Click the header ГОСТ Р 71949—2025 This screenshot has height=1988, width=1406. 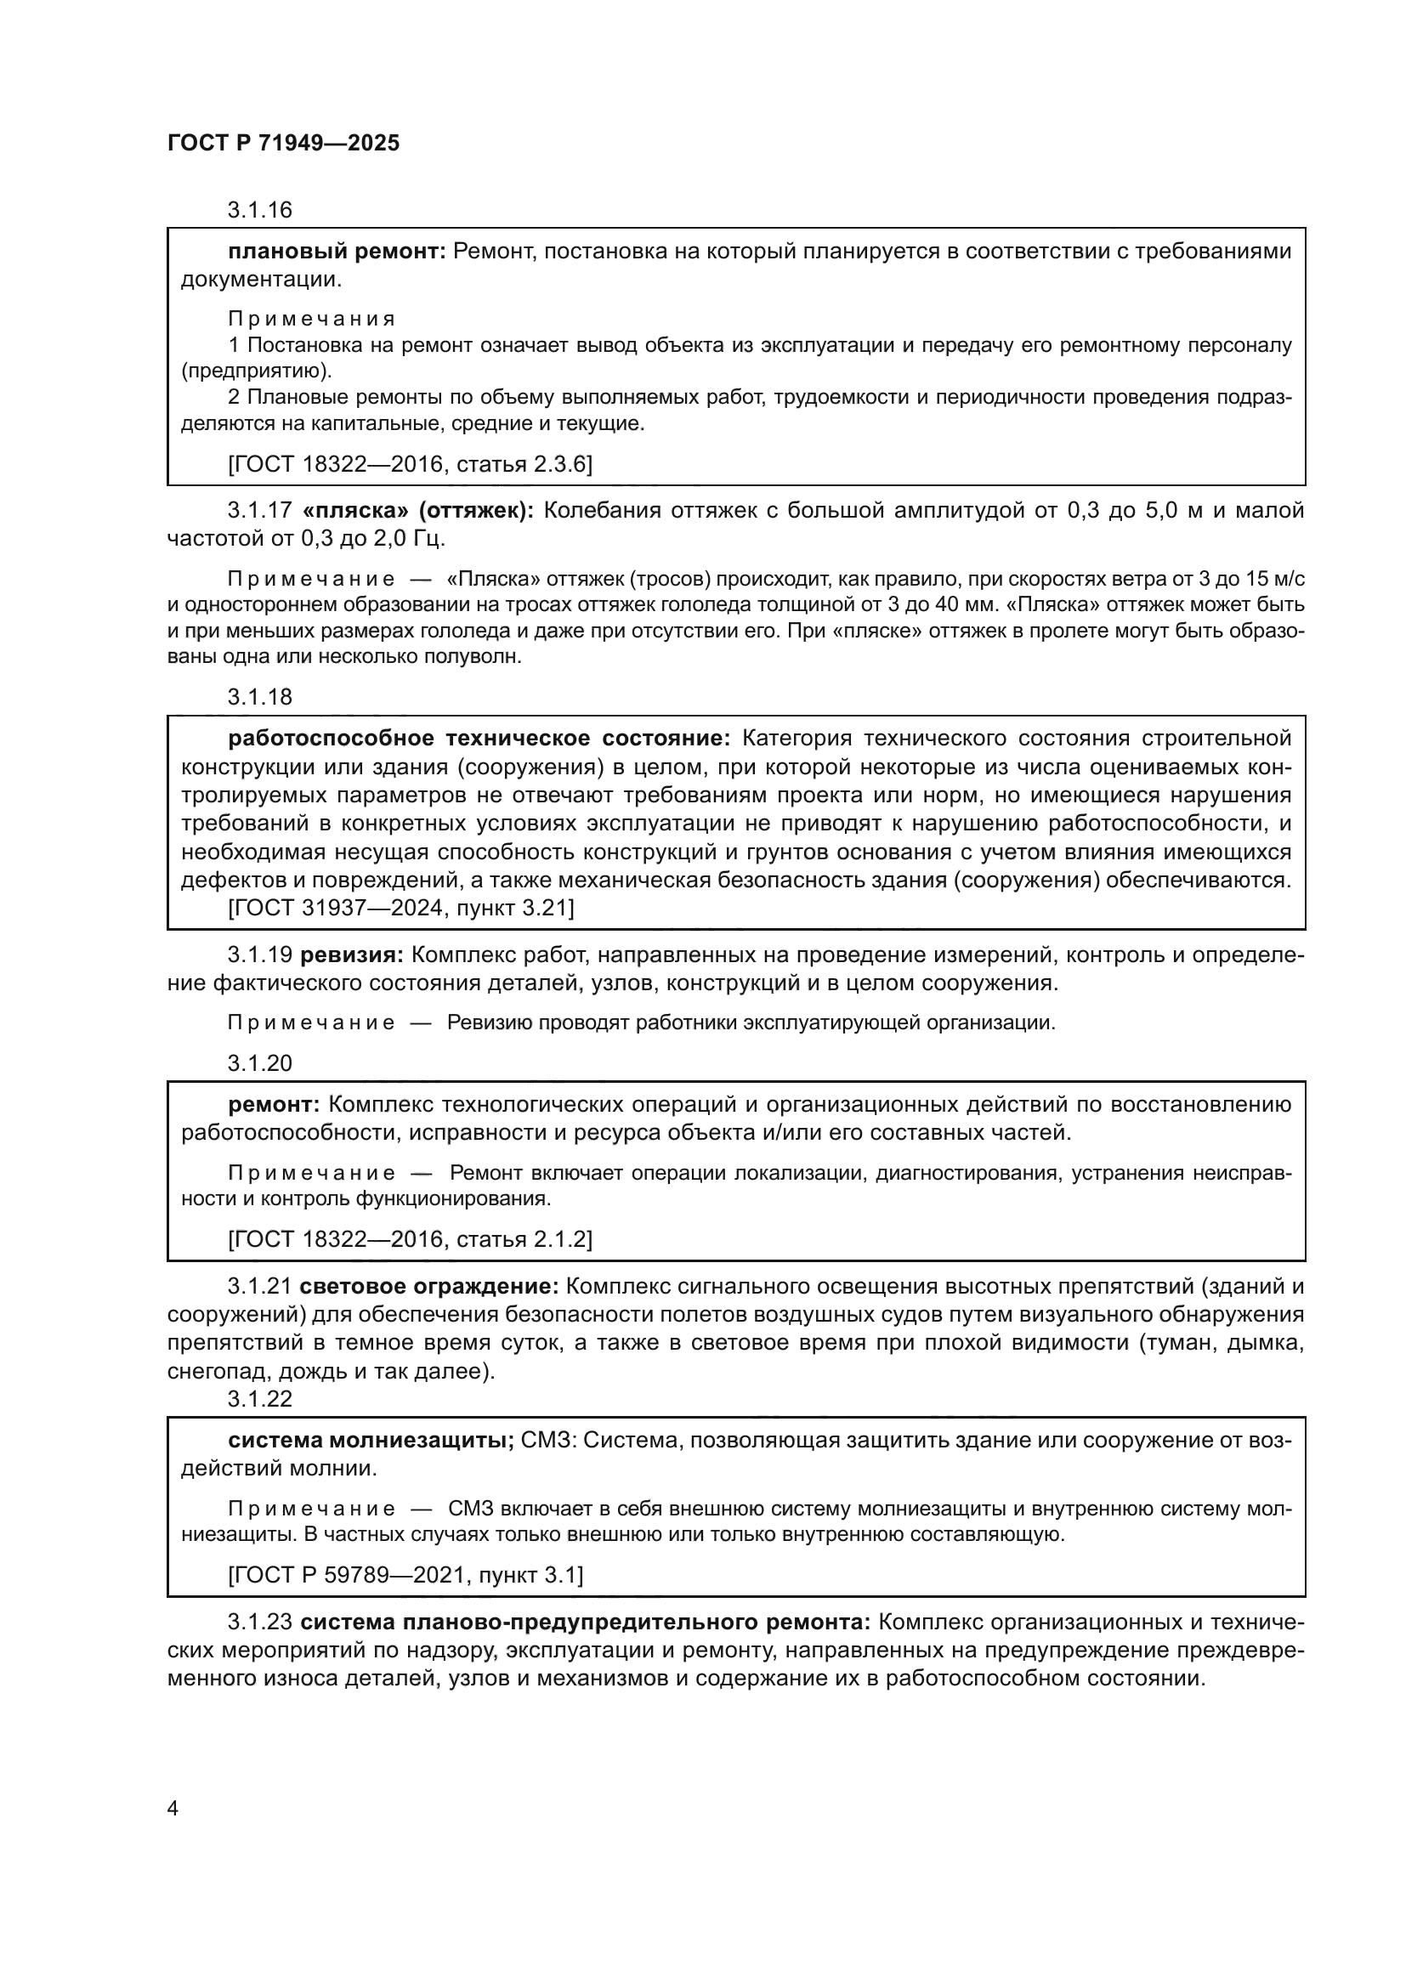[x=283, y=143]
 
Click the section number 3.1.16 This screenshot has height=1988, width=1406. [x=260, y=210]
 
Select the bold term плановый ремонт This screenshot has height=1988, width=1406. [x=337, y=251]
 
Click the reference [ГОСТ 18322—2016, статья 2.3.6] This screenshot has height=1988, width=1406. [x=410, y=465]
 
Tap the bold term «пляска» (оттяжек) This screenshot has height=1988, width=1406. [x=419, y=510]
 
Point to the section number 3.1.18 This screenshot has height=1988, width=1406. [x=260, y=696]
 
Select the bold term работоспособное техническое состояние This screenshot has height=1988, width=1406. [x=479, y=738]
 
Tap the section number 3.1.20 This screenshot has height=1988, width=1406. [x=260, y=1063]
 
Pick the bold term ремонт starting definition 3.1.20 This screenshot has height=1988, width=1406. [x=275, y=1105]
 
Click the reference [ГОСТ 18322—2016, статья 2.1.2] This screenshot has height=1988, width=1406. [x=410, y=1240]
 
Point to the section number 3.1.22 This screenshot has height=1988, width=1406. [x=260, y=1398]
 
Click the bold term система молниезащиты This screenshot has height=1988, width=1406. [x=371, y=1440]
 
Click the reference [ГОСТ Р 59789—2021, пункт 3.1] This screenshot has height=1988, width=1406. [x=405, y=1575]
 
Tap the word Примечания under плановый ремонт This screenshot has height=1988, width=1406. [x=312, y=319]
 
